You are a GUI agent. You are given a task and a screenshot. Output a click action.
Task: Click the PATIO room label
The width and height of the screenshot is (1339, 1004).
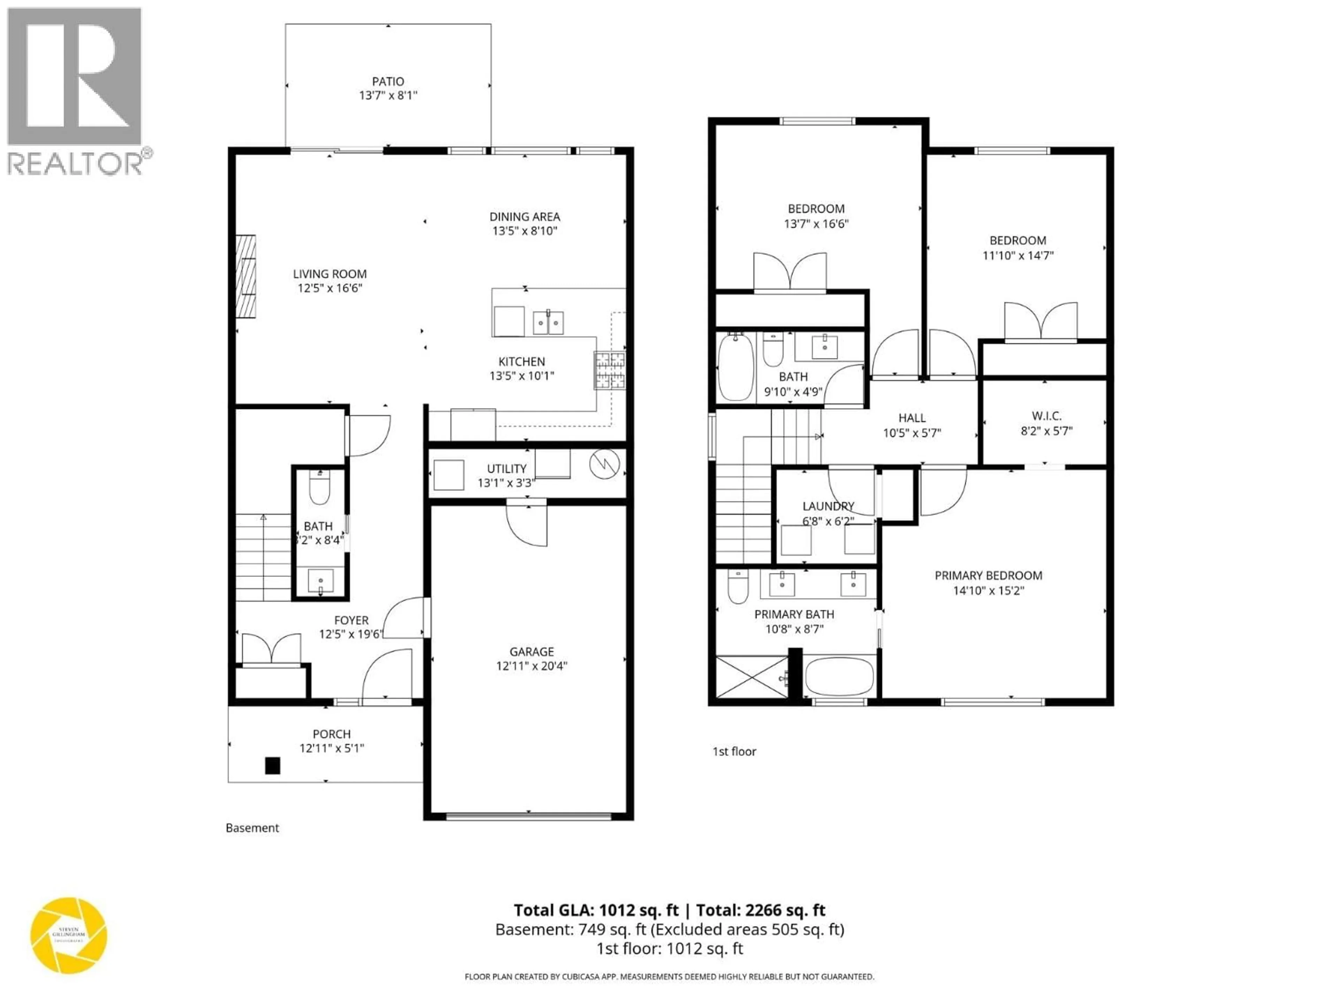tap(388, 81)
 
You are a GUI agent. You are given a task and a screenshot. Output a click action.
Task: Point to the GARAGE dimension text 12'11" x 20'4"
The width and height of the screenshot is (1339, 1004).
tap(531, 666)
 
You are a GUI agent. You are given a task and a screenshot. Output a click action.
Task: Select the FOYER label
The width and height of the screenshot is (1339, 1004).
tap(351, 620)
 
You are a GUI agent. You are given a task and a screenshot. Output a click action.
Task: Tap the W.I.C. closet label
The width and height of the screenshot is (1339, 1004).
tap(1046, 416)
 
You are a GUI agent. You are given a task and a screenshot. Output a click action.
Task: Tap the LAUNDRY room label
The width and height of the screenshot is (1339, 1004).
tap(828, 506)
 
